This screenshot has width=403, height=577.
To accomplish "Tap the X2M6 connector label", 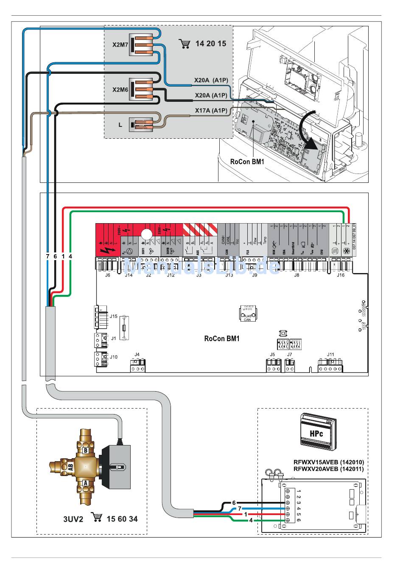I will click(x=120, y=90).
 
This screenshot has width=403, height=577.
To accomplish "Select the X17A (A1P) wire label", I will click(x=211, y=110).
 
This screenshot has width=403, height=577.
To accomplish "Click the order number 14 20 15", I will click(x=211, y=44).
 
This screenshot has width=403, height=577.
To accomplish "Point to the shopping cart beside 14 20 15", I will click(x=185, y=44).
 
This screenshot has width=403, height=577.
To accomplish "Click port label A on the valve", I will click(x=85, y=483).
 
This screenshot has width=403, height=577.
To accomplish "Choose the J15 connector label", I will click(x=113, y=316).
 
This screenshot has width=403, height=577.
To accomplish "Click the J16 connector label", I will click(x=341, y=275).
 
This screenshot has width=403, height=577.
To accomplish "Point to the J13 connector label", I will click(x=229, y=275).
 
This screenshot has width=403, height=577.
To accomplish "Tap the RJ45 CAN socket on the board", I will click(x=247, y=314).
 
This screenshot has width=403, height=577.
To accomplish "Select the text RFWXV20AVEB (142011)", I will click(x=328, y=469).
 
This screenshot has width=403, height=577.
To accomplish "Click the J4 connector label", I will click(x=137, y=354).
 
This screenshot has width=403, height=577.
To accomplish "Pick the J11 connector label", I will click(x=330, y=354).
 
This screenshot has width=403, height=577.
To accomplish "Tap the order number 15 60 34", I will click(x=122, y=519).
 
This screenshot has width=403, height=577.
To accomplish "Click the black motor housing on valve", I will click(x=115, y=467).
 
